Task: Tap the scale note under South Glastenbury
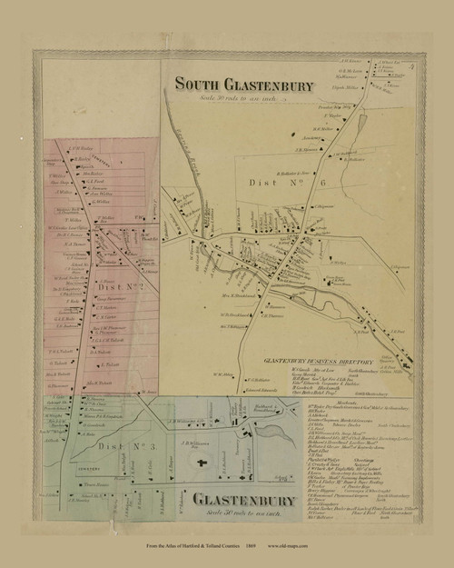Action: pyautogui.click(x=241, y=98)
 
